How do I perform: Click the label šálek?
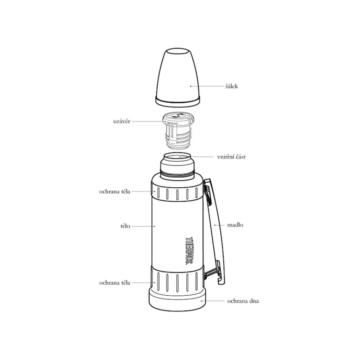coord(232,86)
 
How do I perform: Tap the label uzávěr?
coord(122,121)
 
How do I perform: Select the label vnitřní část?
coord(231,157)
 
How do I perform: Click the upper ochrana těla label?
coord(115,192)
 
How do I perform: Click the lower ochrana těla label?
coord(115,282)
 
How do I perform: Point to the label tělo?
coord(125,226)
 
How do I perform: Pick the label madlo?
coord(235,225)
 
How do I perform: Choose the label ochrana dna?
coord(243,301)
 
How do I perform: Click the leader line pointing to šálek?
coord(207,86)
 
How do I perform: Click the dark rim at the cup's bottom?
coord(178,103)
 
